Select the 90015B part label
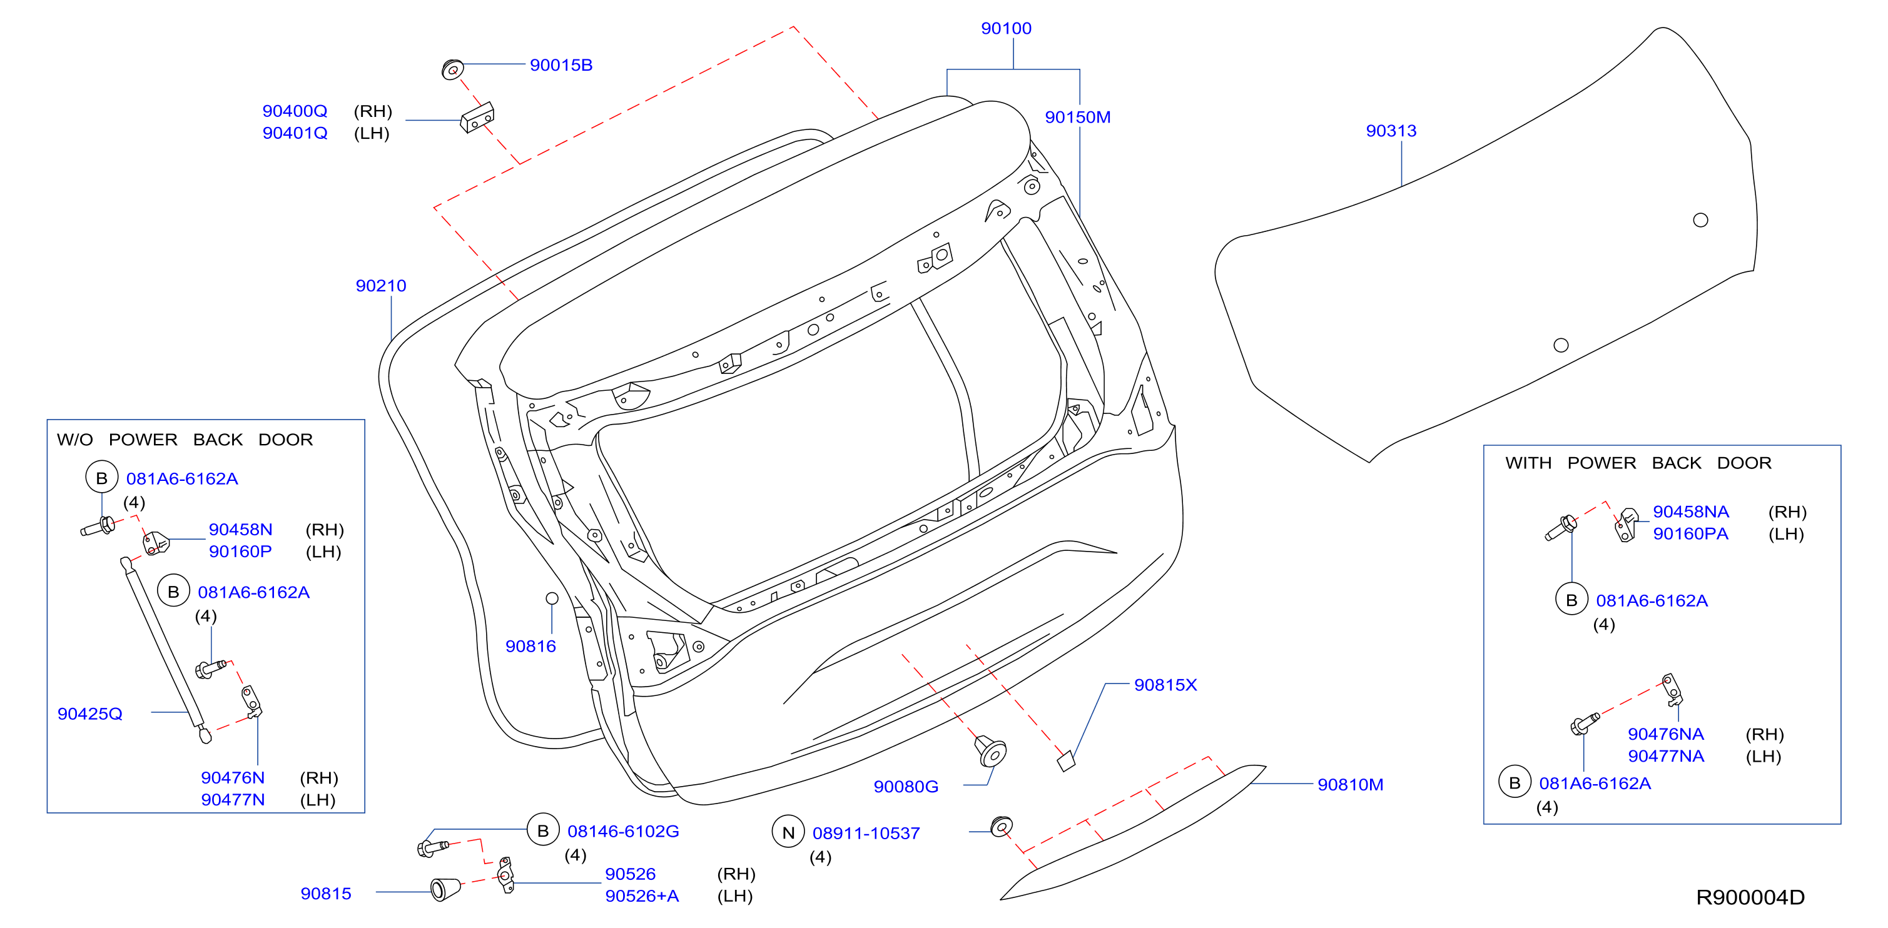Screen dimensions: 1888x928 (x=561, y=65)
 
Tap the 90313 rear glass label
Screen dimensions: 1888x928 (x=1391, y=131)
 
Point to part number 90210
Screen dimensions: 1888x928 (x=380, y=286)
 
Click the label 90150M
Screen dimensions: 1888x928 (x=1077, y=117)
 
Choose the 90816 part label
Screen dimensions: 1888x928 (x=530, y=646)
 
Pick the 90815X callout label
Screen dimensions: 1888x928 (x=1165, y=685)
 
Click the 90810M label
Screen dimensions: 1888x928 (x=1350, y=784)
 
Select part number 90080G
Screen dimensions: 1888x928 (x=906, y=787)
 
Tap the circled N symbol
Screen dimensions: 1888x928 (x=788, y=832)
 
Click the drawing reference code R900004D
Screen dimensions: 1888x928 (x=1750, y=897)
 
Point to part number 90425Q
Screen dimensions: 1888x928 (x=90, y=714)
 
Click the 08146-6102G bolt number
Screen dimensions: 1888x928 (x=623, y=831)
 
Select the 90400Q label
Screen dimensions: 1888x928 (x=295, y=111)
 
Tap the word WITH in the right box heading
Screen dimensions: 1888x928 (x=1528, y=463)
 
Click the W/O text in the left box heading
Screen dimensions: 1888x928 (x=75, y=440)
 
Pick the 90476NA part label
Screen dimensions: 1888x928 (x=1666, y=734)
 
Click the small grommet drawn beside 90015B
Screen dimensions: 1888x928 (x=452, y=69)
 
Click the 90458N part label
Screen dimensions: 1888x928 (x=240, y=530)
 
